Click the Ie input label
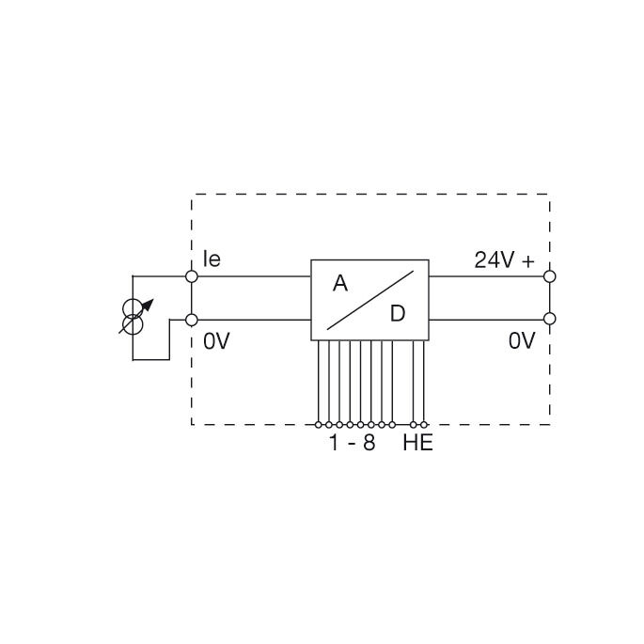pyautogui.click(x=212, y=259)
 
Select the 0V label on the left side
pyautogui.click(x=216, y=341)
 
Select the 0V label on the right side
pyautogui.click(x=522, y=341)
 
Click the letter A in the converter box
pyautogui.click(x=340, y=282)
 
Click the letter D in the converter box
pyautogui.click(x=397, y=314)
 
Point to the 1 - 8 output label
pyautogui.click(x=352, y=443)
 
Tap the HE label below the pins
pyautogui.click(x=417, y=443)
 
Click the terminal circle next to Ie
pyautogui.click(x=192, y=276)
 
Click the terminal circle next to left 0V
pyautogui.click(x=192, y=320)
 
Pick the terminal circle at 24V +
pyautogui.click(x=550, y=276)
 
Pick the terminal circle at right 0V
pyautogui.click(x=550, y=320)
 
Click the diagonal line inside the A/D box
pyautogui.click(x=370, y=298)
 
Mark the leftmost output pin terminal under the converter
pyautogui.click(x=319, y=424)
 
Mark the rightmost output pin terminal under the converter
pyautogui.click(x=425, y=424)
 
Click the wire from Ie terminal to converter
pyautogui.click(x=252, y=276)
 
